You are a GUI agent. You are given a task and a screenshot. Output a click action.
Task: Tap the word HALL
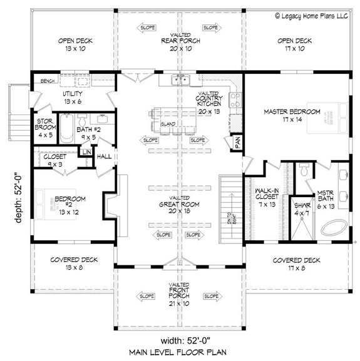pyautogui.click(x=104, y=156)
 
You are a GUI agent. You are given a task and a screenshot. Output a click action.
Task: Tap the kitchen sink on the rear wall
pyautogui.click(x=180, y=79)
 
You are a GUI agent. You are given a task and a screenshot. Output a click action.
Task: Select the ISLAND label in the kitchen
pyautogui.click(x=167, y=124)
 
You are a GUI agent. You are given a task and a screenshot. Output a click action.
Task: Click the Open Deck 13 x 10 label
pyautogui.click(x=76, y=45)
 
